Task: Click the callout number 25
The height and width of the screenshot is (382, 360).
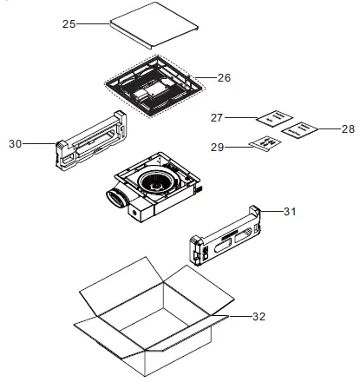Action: point(69,24)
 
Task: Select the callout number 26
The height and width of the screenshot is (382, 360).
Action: point(224,78)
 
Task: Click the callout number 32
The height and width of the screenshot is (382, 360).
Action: point(258,318)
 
